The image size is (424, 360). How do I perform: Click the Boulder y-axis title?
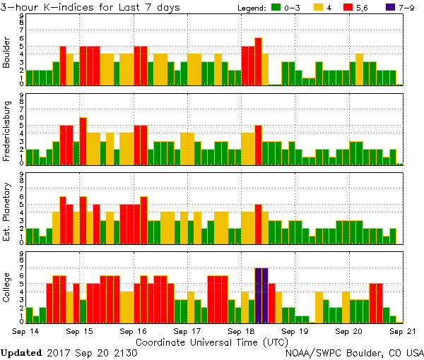click(7, 52)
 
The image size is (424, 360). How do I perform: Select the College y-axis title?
click(7, 288)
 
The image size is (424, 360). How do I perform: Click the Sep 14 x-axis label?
click(26, 330)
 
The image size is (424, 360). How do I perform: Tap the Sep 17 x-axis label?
click(187, 330)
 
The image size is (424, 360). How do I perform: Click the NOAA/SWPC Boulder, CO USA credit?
click(354, 352)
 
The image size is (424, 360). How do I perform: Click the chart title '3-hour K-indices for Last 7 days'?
click(90, 7)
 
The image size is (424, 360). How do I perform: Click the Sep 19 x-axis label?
click(295, 330)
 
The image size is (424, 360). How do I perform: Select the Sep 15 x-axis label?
click(80, 330)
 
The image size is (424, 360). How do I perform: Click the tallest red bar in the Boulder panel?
click(258, 61)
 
